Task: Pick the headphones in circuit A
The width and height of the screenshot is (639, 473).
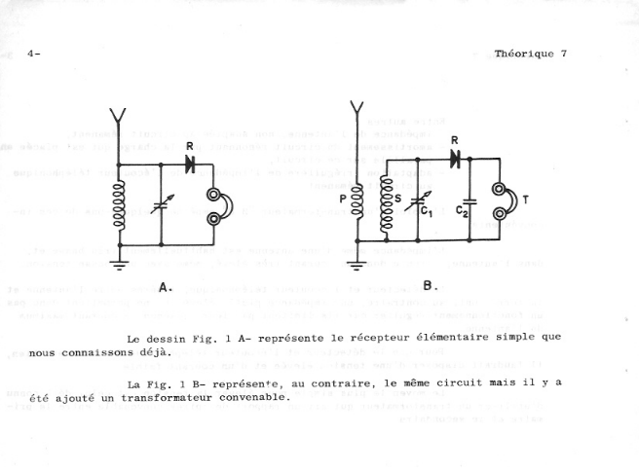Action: pyautogui.click(x=214, y=205)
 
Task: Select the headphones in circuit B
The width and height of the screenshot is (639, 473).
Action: pyautogui.click(x=502, y=200)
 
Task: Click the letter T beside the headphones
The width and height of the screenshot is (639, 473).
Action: pyautogui.click(x=527, y=200)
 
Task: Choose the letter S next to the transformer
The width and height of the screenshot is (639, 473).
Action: pyautogui.click(x=400, y=200)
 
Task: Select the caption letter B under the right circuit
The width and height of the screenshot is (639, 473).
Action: pyautogui.click(x=431, y=286)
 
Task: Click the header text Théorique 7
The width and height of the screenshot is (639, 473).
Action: pyautogui.click(x=530, y=54)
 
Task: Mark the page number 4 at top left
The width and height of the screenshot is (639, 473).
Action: pyautogui.click(x=32, y=54)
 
